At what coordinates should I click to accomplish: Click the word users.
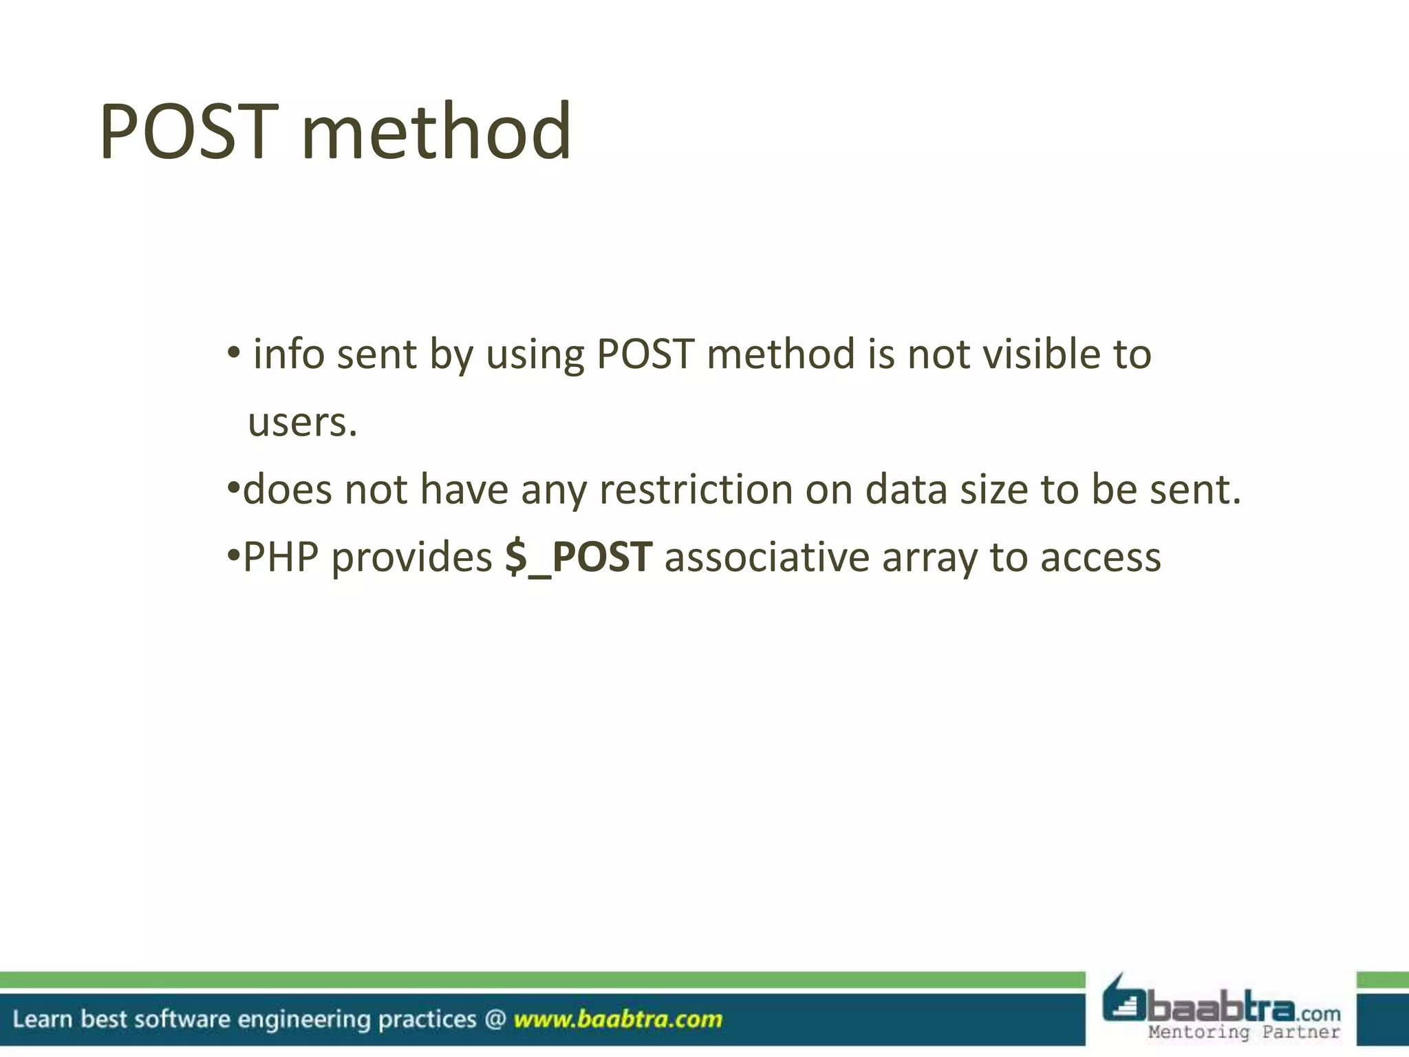coord(303,423)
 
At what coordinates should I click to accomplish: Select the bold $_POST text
coord(578,557)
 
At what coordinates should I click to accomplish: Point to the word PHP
coord(281,557)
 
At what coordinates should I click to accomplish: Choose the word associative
coord(767,557)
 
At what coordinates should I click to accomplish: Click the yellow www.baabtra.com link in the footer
coord(618,1019)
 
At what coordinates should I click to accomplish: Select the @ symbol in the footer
coord(495,1019)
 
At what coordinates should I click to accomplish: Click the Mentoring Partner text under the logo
coord(1244,1032)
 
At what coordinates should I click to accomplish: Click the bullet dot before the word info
coord(234,353)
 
